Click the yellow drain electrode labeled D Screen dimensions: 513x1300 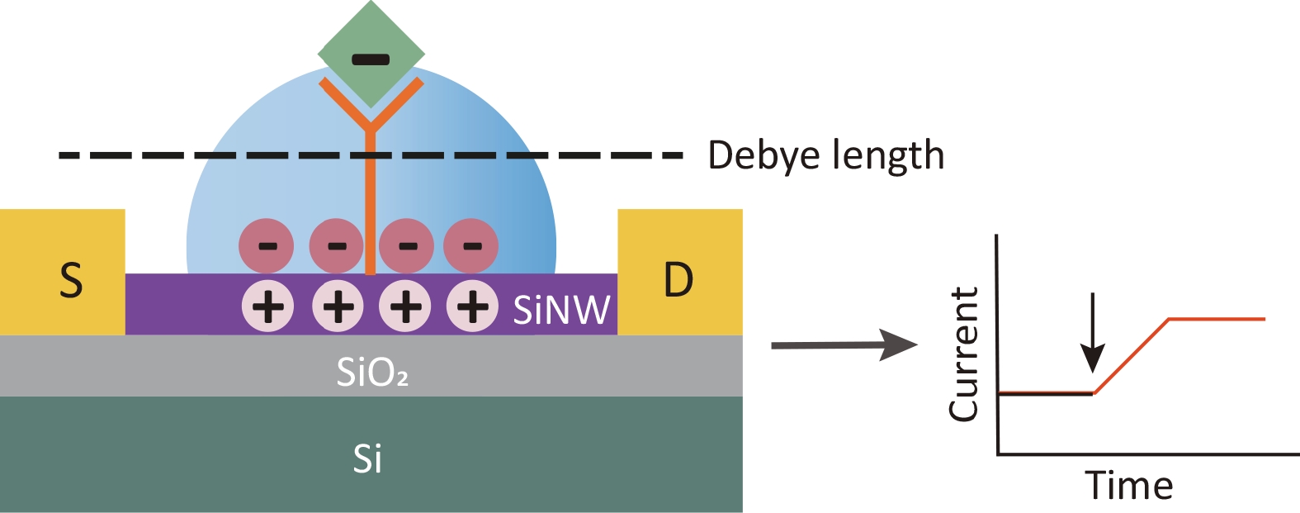(679, 273)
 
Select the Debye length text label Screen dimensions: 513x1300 (825, 155)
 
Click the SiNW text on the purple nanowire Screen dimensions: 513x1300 (561, 310)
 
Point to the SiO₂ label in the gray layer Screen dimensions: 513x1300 (372, 373)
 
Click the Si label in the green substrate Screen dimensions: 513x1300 (367, 458)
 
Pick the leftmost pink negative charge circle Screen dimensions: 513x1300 (266, 246)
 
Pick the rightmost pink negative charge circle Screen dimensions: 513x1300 (471, 246)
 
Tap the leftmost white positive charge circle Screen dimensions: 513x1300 (267, 307)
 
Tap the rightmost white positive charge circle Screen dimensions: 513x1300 (472, 307)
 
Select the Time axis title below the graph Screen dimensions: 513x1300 (1128, 485)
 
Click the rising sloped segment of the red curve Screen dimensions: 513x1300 (1131, 355)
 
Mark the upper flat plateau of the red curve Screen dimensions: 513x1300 (1217, 318)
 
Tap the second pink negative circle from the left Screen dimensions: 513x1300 (335, 246)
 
